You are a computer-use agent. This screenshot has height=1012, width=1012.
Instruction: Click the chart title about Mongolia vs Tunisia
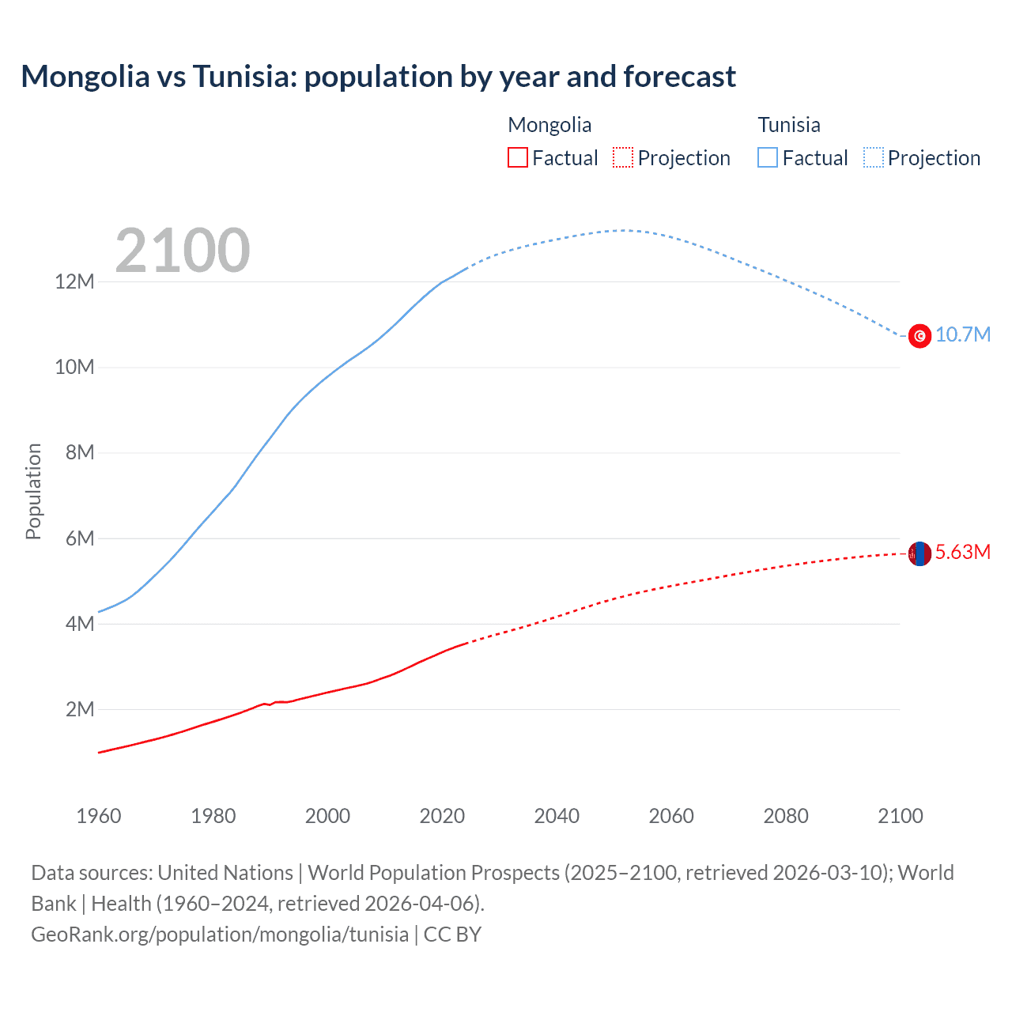coord(378,77)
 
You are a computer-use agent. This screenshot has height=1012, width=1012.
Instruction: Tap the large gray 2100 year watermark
coord(183,251)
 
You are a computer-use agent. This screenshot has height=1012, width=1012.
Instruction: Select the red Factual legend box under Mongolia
coord(517,157)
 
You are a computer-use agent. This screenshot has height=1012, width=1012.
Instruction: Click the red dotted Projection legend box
coord(623,157)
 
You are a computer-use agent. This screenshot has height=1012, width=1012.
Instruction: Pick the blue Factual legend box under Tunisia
coord(767,157)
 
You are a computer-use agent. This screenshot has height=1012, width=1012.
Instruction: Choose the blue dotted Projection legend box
coord(873,157)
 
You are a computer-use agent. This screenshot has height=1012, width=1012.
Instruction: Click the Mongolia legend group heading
coord(549,125)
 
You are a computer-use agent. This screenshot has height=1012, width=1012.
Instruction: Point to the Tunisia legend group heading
coord(789,125)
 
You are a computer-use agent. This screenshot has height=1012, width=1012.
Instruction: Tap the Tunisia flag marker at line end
coord(919,336)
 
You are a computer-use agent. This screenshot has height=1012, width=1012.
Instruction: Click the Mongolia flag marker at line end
coord(919,553)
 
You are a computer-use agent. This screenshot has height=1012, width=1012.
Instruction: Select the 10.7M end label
coord(963,334)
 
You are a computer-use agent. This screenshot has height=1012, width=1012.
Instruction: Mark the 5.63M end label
coord(963,552)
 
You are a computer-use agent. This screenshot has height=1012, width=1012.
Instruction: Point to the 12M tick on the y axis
coord(74,281)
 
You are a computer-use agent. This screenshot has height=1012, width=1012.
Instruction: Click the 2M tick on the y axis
coord(79,709)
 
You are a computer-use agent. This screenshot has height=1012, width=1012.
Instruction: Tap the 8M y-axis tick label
coord(79,452)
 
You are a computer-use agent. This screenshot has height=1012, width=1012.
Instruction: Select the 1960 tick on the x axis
coord(99,816)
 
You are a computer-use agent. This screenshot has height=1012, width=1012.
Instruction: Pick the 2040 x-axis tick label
coord(557,816)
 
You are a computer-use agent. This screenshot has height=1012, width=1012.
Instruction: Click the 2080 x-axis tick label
coord(786,816)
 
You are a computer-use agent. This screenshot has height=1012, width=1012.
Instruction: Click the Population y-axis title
coord(33,491)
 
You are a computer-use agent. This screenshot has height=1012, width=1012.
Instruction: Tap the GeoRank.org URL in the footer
coord(220,935)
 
